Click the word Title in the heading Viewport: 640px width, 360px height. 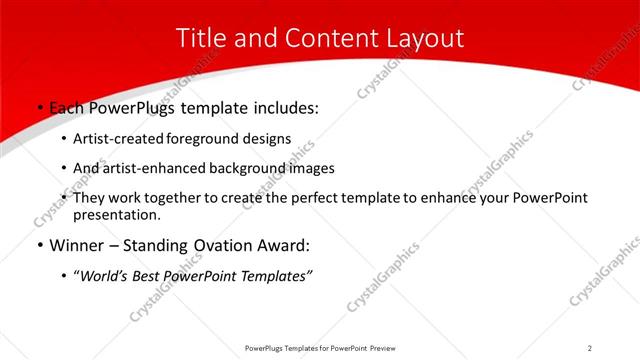pyautogui.click(x=200, y=39)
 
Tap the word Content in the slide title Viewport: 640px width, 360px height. pyautogui.click(x=320, y=39)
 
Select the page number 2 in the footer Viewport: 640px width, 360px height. pyautogui.click(x=590, y=348)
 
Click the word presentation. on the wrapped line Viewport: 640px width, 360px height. pyautogui.click(x=116, y=215)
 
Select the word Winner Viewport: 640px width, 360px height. pyautogui.click(x=75, y=245)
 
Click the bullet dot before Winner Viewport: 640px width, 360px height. pyautogui.click(x=39, y=246)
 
